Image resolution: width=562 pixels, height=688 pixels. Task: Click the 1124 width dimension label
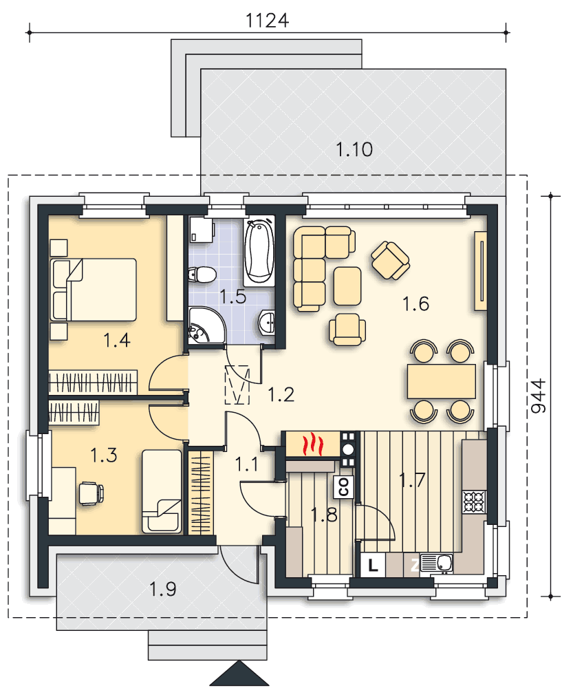point(267,21)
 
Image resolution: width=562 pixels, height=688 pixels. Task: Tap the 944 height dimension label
point(539,396)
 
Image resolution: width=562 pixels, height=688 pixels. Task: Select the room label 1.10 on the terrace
point(354,149)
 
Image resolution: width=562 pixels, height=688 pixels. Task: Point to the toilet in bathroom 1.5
point(202,275)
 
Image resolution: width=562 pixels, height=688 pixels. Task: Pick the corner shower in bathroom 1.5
point(206,325)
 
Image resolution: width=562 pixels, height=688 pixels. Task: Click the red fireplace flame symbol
point(313,444)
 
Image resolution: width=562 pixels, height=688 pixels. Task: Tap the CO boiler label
point(344,486)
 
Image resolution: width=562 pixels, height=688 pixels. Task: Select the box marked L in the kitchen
point(373,565)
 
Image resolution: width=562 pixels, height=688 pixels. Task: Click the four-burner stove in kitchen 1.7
point(474,502)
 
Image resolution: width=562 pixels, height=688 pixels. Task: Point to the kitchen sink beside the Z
point(437,564)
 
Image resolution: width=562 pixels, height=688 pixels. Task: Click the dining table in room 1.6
point(442,381)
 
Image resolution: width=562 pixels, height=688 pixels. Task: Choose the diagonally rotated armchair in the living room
point(391,260)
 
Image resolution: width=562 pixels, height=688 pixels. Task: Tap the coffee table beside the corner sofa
point(347,286)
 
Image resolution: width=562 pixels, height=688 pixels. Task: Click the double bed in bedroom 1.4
point(94,290)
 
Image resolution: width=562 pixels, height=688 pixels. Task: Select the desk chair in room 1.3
point(91,493)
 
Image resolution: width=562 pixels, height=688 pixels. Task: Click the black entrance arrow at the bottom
point(239,674)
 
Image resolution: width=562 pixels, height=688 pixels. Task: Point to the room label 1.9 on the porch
point(163,590)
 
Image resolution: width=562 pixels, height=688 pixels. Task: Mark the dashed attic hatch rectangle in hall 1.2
point(237,385)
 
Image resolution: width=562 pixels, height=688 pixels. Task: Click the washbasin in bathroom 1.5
point(267,321)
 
